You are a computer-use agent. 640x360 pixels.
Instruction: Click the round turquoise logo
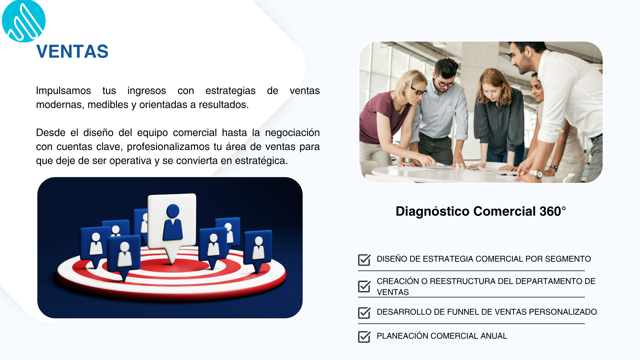coord(24,21)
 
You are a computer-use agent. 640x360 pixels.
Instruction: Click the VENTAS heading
coord(72,52)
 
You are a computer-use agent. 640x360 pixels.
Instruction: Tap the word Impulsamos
coord(63,91)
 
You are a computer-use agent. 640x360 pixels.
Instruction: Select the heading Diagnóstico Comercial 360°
coord(481,211)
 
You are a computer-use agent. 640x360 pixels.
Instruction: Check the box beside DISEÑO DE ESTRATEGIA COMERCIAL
coord(364,260)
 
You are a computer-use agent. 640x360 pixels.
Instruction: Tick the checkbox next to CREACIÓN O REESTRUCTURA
coord(364,286)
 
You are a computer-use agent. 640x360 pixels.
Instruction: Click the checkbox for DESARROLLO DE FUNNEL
coord(364,313)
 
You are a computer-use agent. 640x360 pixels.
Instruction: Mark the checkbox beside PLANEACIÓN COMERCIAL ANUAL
coord(364,337)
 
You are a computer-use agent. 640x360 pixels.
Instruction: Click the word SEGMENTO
coord(568,259)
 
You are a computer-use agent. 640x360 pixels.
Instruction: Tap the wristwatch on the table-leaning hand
coord(536,174)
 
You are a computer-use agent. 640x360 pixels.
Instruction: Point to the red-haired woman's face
coord(491,91)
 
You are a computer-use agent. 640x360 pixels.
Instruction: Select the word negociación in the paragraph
coord(292,133)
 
